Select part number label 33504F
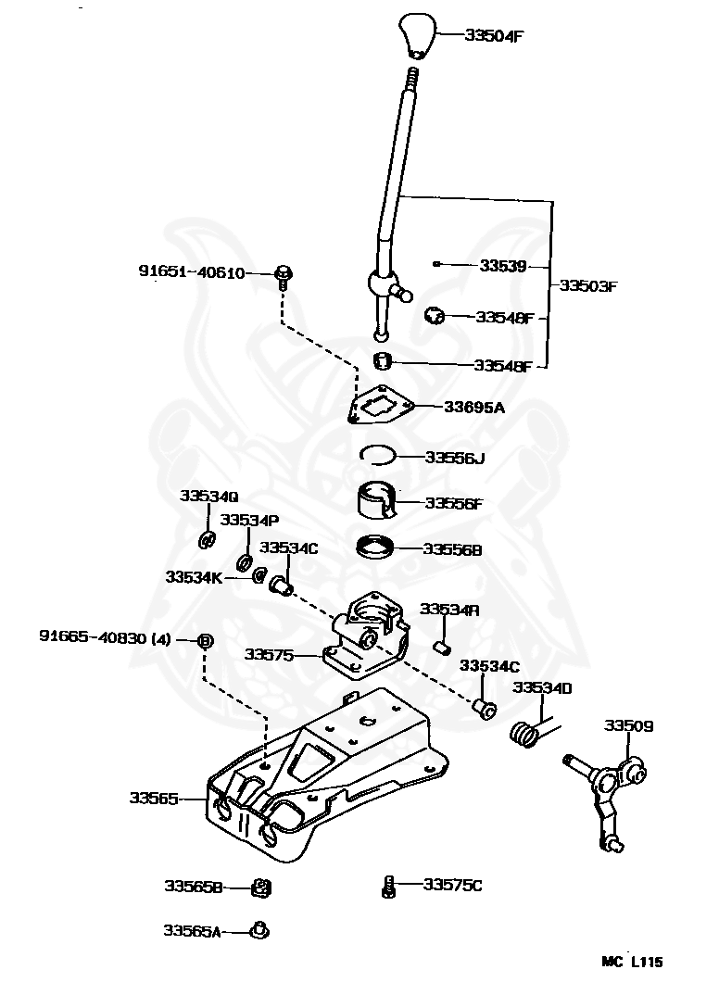tap(494, 35)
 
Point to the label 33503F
tap(588, 286)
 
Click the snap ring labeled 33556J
tap(378, 455)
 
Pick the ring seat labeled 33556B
tap(375, 548)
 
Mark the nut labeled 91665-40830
tap(206, 641)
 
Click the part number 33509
tap(628, 725)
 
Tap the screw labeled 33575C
tap(388, 888)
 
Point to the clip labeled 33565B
tap(261, 888)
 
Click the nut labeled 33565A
tap(259, 931)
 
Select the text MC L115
tap(632, 962)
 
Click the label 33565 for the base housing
tap(154, 798)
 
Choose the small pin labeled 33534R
tap(443, 647)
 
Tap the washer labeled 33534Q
tap(207, 539)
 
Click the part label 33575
tap(270, 654)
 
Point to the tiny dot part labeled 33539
tap(436, 264)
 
